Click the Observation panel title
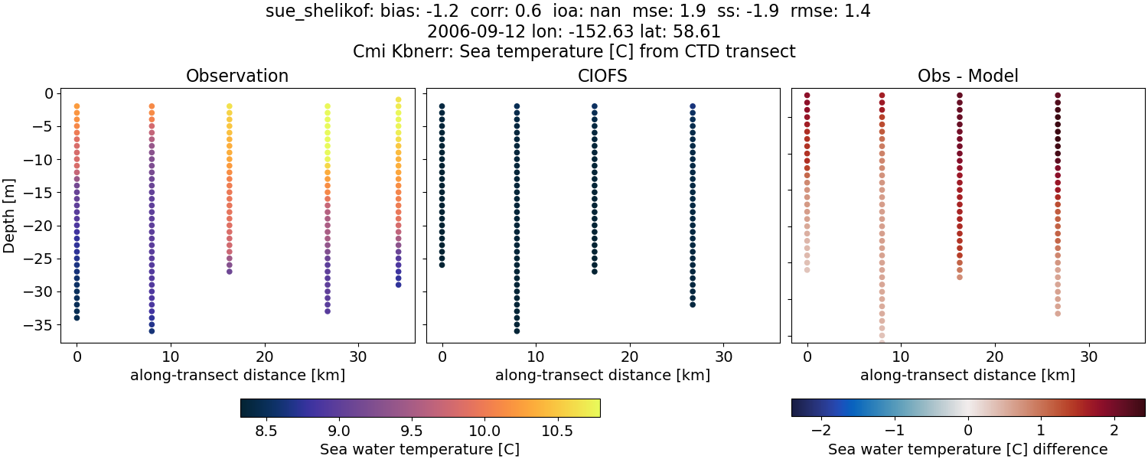pos(237,76)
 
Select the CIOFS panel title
pos(602,76)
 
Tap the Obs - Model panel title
pos(967,76)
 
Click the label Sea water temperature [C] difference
pos(967,449)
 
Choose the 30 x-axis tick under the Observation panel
pos(359,356)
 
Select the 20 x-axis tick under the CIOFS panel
pos(630,356)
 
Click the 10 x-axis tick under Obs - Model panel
pos(901,356)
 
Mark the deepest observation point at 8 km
pos(152,330)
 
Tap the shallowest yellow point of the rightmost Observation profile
pos(398,99)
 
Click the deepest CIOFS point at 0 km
pos(442,265)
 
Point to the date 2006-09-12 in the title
pos(463,32)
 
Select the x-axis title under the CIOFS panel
pos(602,376)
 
